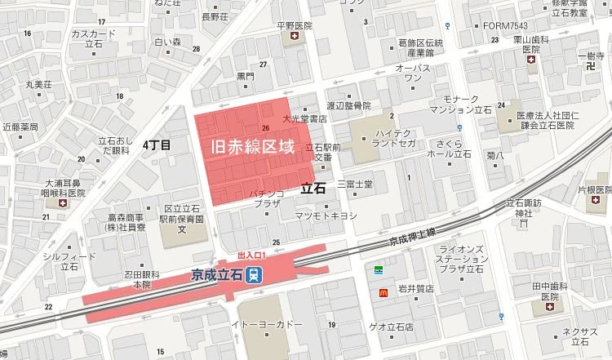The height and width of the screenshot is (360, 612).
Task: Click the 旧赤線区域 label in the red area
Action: click(251, 148)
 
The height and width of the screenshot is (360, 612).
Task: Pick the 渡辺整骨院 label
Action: click(348, 106)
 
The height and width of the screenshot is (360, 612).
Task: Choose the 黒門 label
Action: click(245, 76)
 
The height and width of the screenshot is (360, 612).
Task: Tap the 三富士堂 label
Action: click(354, 184)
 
